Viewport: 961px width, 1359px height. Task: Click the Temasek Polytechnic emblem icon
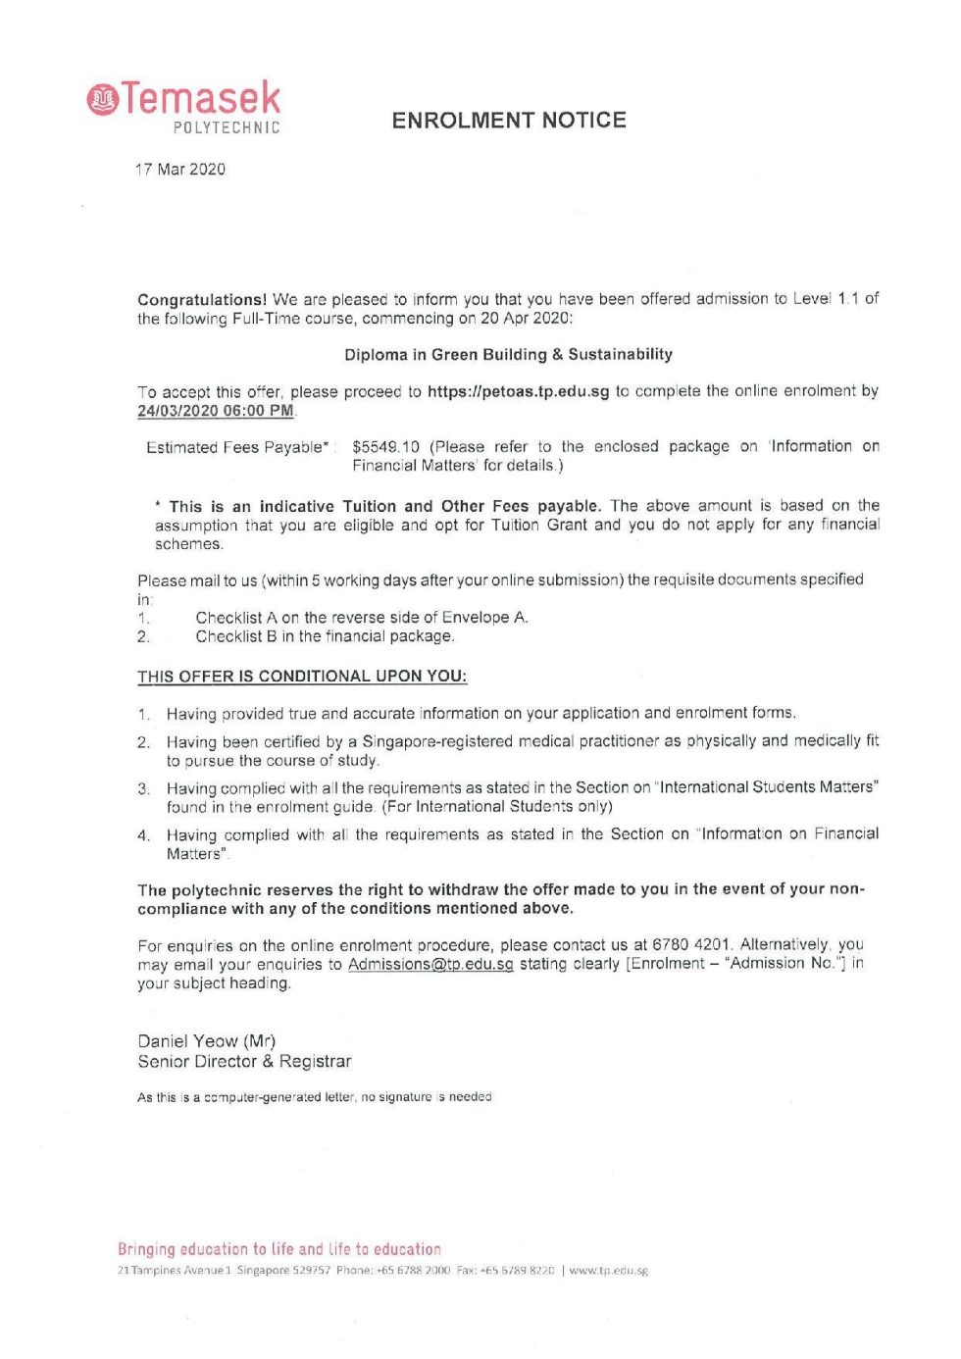click(102, 99)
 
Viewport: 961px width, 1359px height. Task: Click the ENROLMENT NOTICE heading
click(509, 121)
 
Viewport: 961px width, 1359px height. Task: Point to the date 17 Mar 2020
click(180, 170)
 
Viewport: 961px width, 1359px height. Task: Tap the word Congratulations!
click(202, 300)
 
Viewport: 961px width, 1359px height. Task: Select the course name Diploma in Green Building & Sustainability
click(508, 355)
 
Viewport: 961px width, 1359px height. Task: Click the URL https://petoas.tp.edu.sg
click(519, 391)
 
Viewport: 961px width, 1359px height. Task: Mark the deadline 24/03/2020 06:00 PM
click(216, 411)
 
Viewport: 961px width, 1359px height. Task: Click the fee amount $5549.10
click(385, 447)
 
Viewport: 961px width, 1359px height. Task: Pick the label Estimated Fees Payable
click(236, 448)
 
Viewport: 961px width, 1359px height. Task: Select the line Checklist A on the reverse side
click(362, 618)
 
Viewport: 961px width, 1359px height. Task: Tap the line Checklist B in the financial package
click(325, 636)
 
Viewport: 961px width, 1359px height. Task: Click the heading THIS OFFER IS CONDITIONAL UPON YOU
click(302, 677)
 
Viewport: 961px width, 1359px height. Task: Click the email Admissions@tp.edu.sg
click(430, 965)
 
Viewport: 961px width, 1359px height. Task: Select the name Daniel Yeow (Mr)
click(207, 1041)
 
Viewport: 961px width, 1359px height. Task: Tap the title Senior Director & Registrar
click(244, 1062)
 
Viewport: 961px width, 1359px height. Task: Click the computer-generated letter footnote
click(315, 1097)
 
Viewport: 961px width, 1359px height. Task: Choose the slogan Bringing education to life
click(279, 1249)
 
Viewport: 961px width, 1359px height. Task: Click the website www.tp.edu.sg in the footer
click(608, 1271)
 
